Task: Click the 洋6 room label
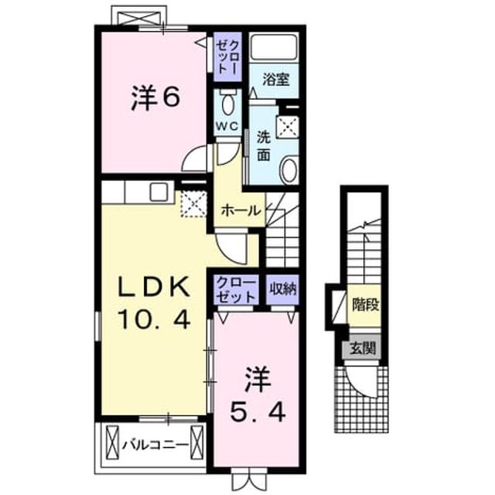pos(155,98)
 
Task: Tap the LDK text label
pos(154,287)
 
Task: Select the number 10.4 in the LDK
pos(154,319)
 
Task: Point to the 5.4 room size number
pos(258,412)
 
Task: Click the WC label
pos(227,127)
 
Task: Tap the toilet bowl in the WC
pos(227,104)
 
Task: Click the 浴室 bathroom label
pos(276,79)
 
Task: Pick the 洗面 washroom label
pos(263,146)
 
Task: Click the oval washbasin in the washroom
pos(288,170)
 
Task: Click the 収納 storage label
pos(283,288)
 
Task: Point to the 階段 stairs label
pos(365,305)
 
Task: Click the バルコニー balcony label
pos(155,445)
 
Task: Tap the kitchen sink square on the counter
pos(159,192)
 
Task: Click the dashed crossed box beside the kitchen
pos(194,204)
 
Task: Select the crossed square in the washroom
pos(287,126)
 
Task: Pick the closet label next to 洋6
pos(227,57)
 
